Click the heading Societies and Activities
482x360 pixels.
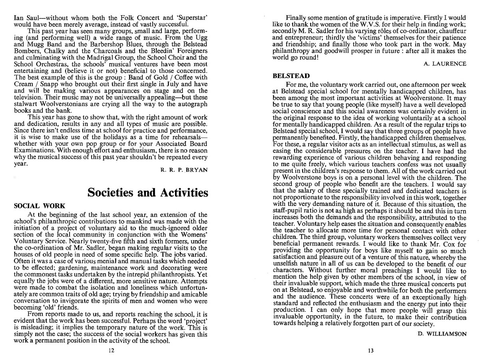(147, 193)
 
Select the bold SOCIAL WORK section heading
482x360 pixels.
(37, 206)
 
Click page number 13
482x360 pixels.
(370, 351)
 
